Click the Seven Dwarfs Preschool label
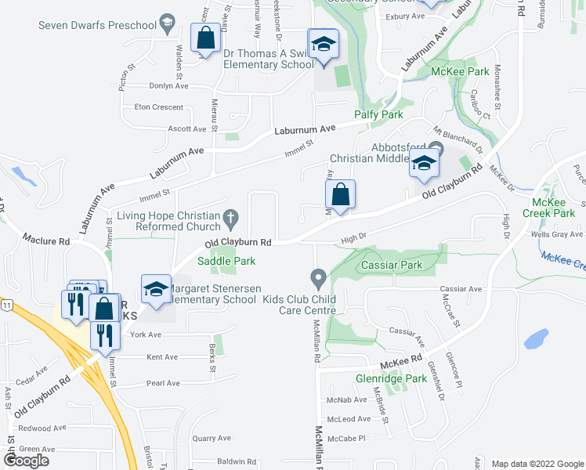98,26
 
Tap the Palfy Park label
378,115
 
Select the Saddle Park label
226,261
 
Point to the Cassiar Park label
392,266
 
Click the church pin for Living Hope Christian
230,215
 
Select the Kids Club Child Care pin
318,278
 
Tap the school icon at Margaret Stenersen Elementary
156,289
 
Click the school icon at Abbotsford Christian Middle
422,163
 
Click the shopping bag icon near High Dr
341,196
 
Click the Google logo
26,461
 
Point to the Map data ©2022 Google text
537,464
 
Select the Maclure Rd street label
47,239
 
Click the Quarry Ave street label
212,439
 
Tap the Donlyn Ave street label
166,87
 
